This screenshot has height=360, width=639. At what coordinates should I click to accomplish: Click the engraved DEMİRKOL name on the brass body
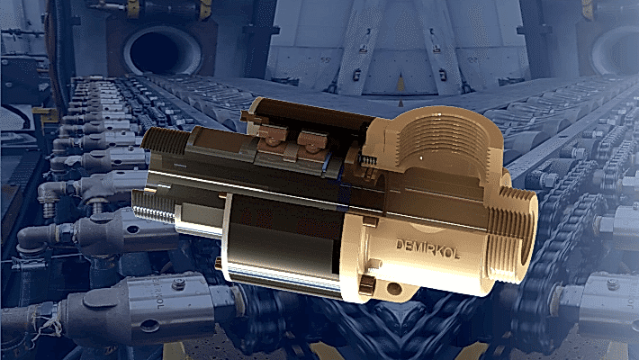tap(427, 249)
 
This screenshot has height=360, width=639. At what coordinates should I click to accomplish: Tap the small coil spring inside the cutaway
tap(369, 160)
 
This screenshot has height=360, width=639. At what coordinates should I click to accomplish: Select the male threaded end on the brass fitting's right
tap(513, 234)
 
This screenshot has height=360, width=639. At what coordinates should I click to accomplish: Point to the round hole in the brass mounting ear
tap(394, 289)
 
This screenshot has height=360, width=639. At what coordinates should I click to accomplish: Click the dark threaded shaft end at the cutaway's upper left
tap(164, 140)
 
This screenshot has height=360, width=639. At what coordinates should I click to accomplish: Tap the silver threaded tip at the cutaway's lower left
tap(153, 207)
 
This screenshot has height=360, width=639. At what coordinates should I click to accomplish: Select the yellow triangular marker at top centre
tap(401, 84)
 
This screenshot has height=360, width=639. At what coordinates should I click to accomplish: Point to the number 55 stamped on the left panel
tap(325, 60)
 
